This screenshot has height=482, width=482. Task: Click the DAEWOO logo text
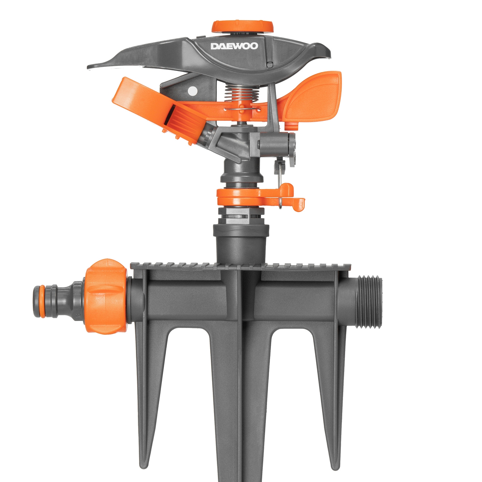(234, 46)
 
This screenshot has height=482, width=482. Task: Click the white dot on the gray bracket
(193, 91)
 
